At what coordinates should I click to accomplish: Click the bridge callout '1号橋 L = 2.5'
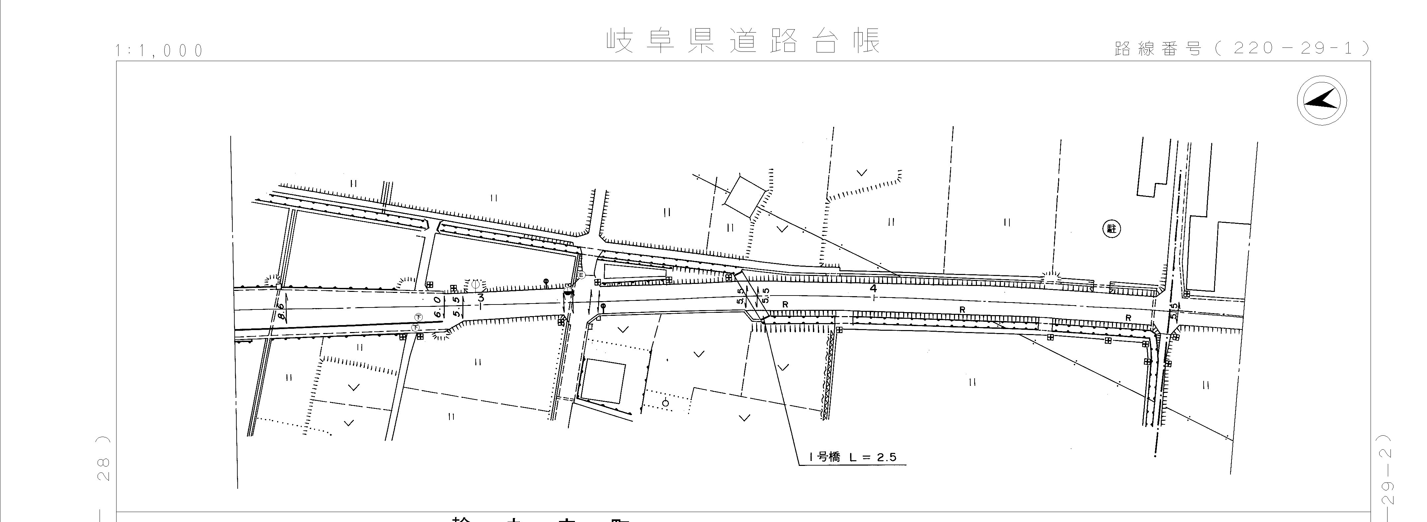pyautogui.click(x=852, y=457)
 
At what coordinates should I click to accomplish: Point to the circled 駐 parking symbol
pyautogui.click(x=1111, y=228)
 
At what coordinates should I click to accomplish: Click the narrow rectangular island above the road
pyautogui.click(x=634, y=272)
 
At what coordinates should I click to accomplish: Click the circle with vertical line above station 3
pyautogui.click(x=475, y=284)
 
